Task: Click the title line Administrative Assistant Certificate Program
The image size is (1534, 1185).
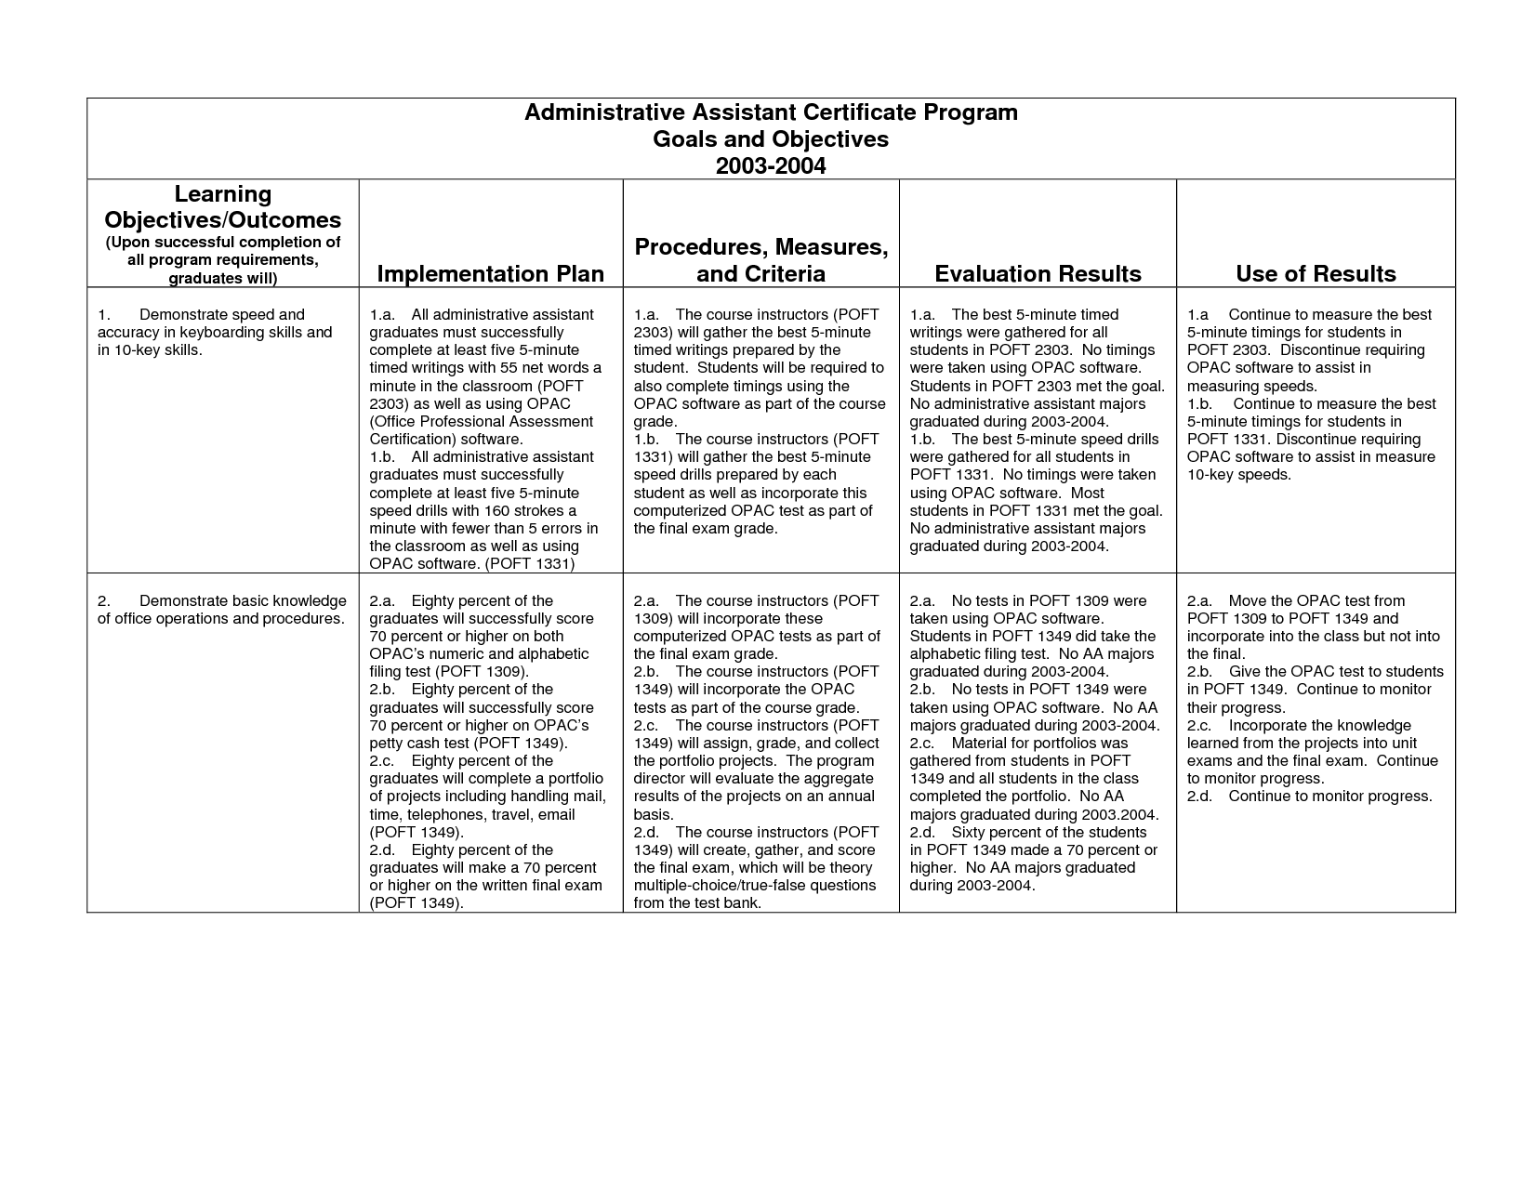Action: coord(771,112)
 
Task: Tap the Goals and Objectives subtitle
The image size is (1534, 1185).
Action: coord(771,139)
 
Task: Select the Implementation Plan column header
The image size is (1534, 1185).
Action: coord(490,273)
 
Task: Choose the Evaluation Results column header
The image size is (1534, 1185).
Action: coord(1038,273)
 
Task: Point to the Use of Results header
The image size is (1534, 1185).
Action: coord(1316,273)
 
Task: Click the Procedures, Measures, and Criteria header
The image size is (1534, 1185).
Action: coord(760,260)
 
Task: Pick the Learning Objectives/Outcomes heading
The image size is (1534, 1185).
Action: coord(223,207)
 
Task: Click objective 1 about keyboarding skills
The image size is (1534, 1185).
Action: coord(215,332)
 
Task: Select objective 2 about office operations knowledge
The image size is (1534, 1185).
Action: coord(222,610)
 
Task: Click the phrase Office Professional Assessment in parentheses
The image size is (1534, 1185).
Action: coord(482,421)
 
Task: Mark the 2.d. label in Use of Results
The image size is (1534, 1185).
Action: coord(1199,796)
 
